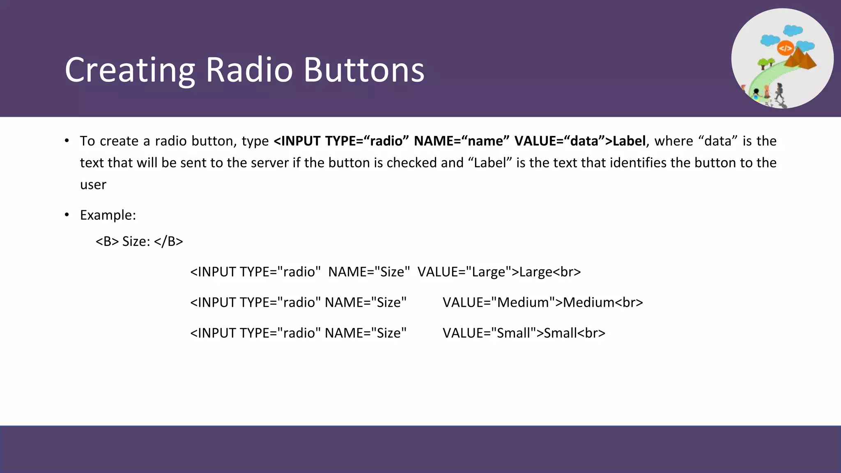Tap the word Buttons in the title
(364, 70)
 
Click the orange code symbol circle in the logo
(785, 48)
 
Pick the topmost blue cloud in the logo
(793, 30)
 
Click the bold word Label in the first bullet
(629, 141)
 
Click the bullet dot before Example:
(67, 215)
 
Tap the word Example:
(108, 215)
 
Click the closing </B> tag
(168, 241)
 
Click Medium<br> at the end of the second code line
(603, 302)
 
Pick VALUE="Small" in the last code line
(492, 333)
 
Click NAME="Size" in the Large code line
(369, 272)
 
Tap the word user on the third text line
(93, 185)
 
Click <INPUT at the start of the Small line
(213, 333)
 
